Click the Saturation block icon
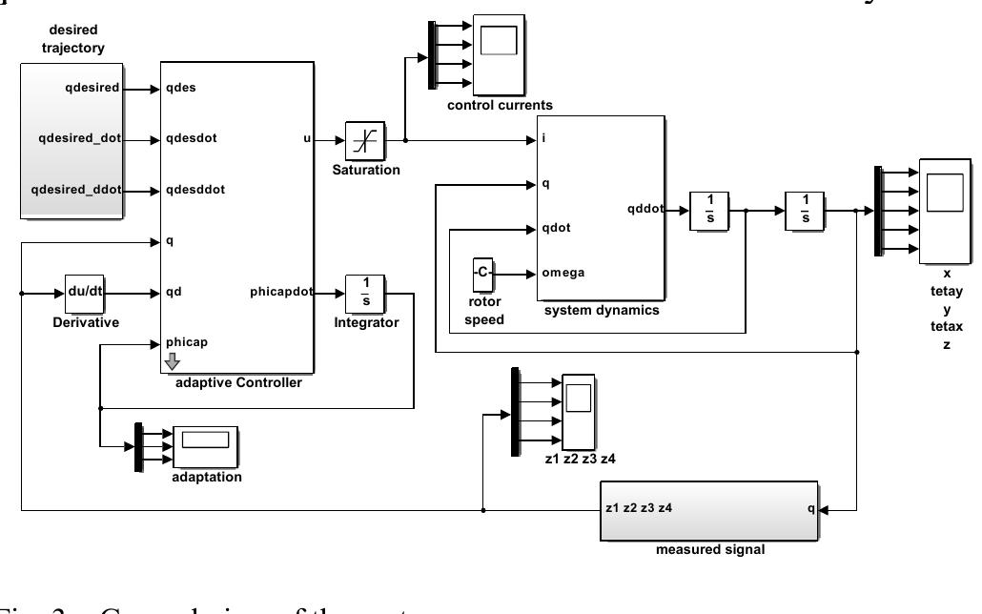coord(365,140)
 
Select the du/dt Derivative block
coord(85,294)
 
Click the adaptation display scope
coord(206,446)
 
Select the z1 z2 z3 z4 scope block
coord(577,411)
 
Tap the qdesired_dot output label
coord(80,139)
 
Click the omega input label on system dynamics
coord(563,273)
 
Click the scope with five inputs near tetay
coord(945,211)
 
